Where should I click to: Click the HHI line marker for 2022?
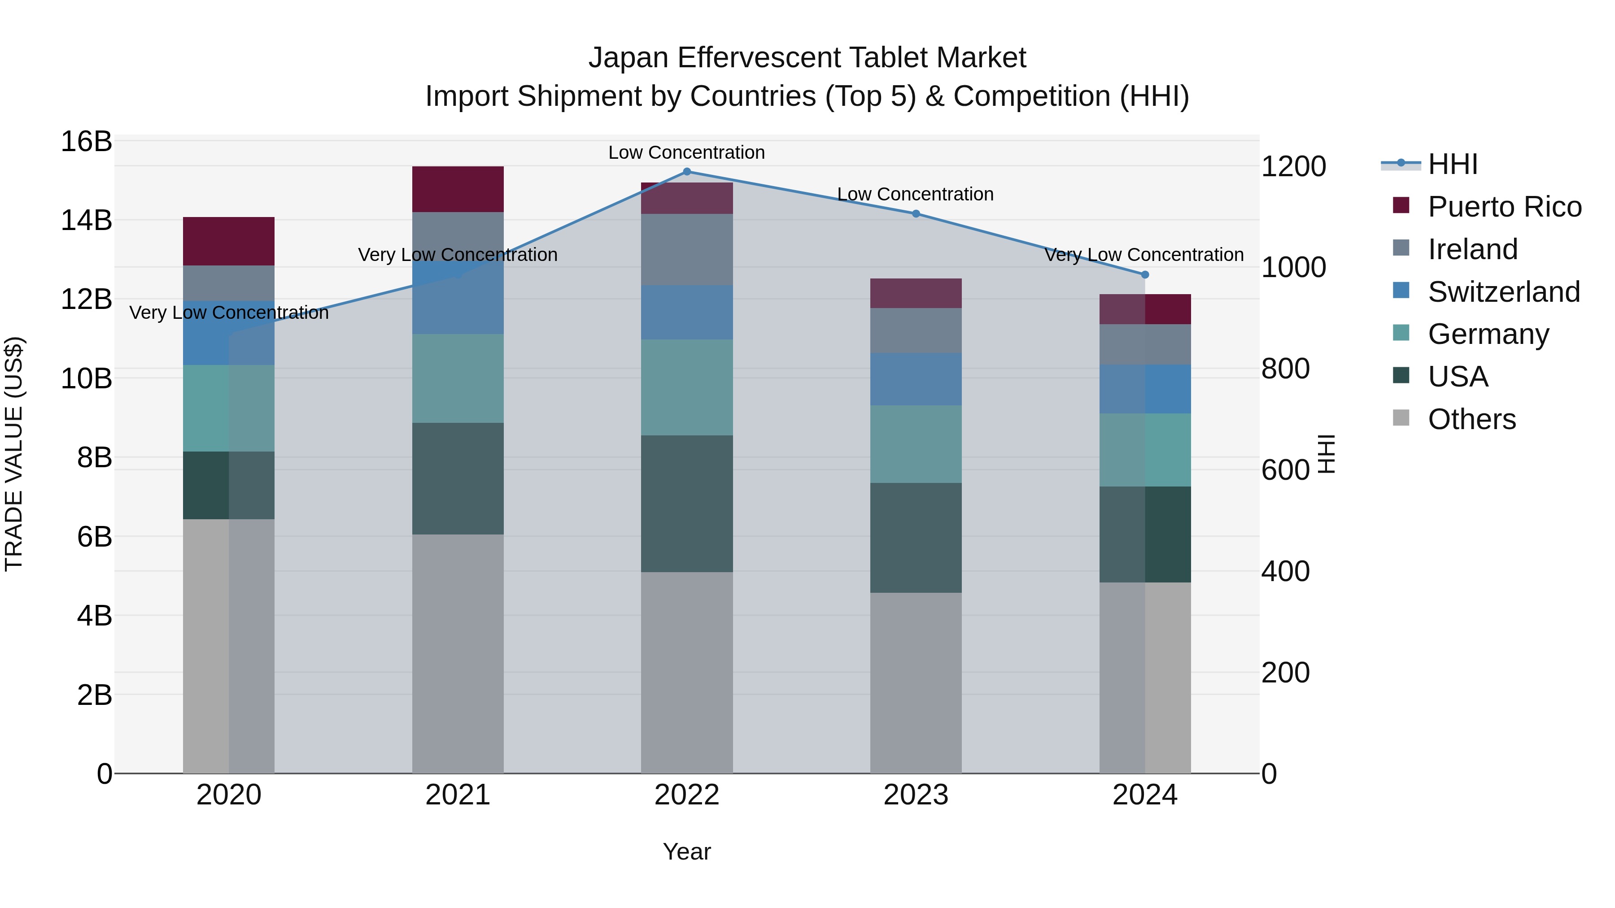tap(686, 172)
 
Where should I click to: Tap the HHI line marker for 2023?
tap(915, 214)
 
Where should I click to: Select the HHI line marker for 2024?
tap(1145, 274)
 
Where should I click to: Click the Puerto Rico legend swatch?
tap(1401, 205)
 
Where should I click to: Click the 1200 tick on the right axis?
tap(1293, 167)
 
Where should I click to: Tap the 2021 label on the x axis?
tap(458, 795)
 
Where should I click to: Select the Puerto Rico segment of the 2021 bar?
tap(458, 189)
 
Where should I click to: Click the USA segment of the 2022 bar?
tap(686, 504)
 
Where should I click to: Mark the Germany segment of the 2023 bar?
tap(915, 444)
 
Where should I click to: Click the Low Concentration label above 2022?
tap(686, 152)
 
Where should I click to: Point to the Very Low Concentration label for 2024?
tap(1144, 255)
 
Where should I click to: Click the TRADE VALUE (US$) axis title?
tap(14, 454)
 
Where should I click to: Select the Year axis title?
tap(686, 852)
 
